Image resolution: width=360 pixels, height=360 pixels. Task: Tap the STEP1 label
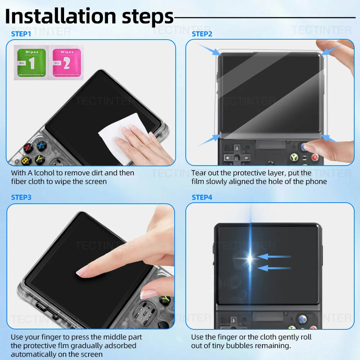pyautogui.click(x=21, y=34)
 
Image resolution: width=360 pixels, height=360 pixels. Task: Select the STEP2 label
pyautogui.click(x=202, y=34)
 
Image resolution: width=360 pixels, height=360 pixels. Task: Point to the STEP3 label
pyautogui.click(x=21, y=197)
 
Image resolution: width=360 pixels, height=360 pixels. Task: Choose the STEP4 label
pyautogui.click(x=202, y=197)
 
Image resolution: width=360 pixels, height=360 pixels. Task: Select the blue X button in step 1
pyautogui.click(x=41, y=146)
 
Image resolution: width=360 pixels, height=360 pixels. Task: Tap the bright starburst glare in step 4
pyautogui.click(x=250, y=258)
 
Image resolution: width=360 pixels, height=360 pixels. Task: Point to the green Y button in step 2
pyautogui.click(x=294, y=157)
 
